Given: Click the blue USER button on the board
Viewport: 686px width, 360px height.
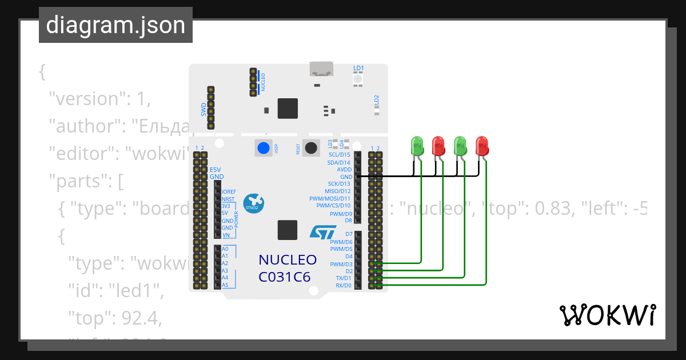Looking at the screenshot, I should point(263,148).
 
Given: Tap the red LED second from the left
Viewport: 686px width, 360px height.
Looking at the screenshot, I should point(438,146).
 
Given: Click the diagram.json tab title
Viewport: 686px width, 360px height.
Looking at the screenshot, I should point(115,25).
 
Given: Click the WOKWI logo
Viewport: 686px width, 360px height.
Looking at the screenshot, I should point(607,315).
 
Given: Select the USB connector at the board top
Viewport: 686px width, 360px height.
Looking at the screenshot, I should point(322,69).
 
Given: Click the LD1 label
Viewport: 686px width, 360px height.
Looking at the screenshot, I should point(358,69).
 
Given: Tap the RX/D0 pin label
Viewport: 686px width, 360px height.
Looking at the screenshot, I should point(343,285).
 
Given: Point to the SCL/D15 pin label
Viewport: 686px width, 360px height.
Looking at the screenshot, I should point(340,155).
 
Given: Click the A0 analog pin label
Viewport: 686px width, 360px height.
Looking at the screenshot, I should point(225,249).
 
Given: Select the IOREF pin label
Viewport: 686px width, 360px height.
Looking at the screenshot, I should point(229,192).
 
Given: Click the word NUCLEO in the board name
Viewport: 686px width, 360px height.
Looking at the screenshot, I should point(288,260).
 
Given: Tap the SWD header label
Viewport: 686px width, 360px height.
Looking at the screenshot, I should point(204,109).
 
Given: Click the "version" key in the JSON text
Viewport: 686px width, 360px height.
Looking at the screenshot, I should point(86,99).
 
